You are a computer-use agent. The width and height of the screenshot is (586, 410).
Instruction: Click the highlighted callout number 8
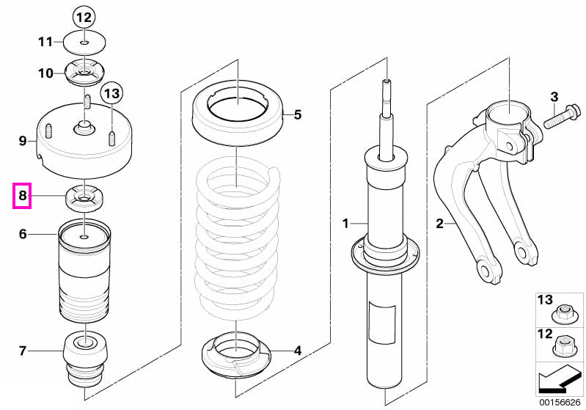[23, 196]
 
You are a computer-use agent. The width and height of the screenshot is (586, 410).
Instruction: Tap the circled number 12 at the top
[84, 18]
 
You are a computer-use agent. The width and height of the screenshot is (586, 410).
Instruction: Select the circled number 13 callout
[112, 92]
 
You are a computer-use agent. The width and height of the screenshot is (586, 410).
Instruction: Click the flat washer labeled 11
[84, 43]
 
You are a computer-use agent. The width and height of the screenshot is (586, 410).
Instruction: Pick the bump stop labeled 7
[86, 362]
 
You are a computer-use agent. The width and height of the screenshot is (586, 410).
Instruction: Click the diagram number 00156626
[560, 402]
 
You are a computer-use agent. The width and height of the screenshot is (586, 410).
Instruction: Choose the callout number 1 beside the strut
[345, 224]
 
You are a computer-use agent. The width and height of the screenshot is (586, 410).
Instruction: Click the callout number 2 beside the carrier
[439, 224]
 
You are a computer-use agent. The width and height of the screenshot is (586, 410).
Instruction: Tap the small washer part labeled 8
[84, 199]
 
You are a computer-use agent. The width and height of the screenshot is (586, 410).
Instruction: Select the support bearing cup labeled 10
[84, 73]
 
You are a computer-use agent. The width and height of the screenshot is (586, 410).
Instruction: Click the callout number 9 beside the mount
[23, 141]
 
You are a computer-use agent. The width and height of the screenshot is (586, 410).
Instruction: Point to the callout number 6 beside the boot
[23, 234]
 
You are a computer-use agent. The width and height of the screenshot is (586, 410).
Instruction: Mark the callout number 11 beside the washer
[45, 42]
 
